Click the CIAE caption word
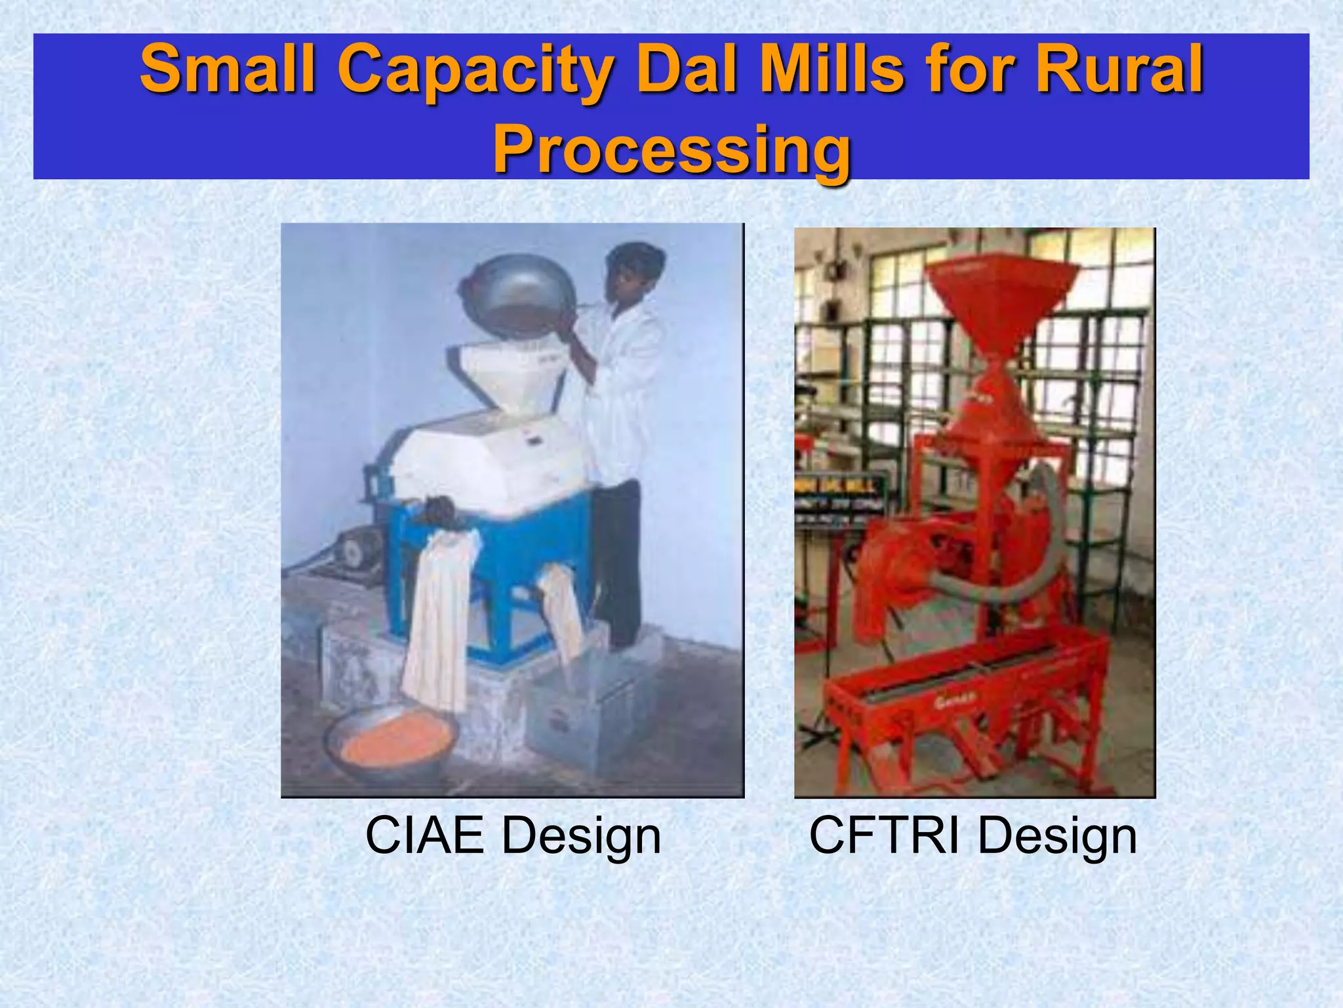(424, 836)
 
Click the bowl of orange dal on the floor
(392, 742)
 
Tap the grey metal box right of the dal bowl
(584, 715)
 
